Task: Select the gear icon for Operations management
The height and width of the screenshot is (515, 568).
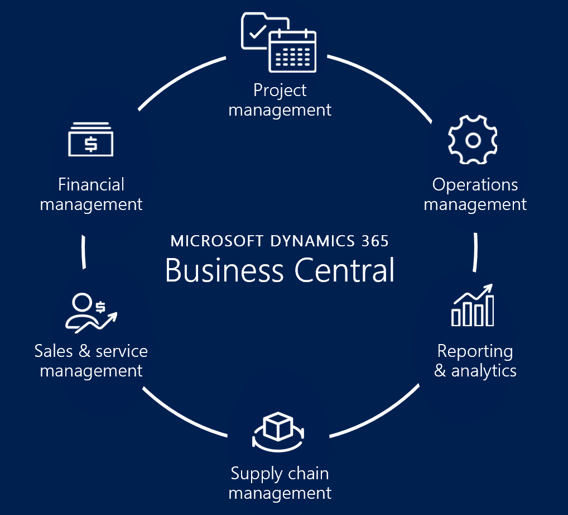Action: (473, 140)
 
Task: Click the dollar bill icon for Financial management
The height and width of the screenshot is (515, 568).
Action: (90, 140)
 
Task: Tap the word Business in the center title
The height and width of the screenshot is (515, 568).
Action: (224, 270)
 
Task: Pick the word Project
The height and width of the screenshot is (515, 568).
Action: (280, 90)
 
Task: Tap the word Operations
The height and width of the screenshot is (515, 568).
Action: (475, 185)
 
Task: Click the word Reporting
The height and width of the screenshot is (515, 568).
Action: (475, 351)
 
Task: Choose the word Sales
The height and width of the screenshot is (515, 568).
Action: (54, 351)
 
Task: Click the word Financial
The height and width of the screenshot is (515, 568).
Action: (91, 185)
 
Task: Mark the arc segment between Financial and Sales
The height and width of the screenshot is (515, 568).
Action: (84, 252)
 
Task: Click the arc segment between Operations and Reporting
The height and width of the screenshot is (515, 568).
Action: (476, 252)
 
